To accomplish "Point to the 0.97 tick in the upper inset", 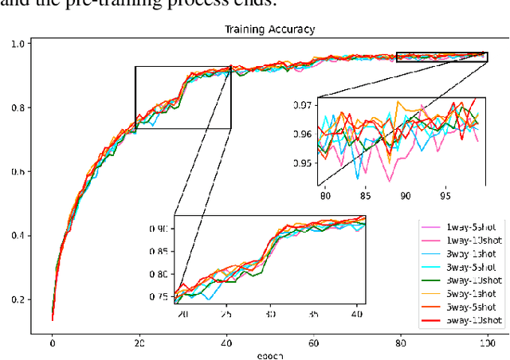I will pos(303,104).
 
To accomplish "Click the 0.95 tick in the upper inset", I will pos(303,163).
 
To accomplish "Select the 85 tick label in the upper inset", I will pos(364,195).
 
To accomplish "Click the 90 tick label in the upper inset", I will pos(405,195).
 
